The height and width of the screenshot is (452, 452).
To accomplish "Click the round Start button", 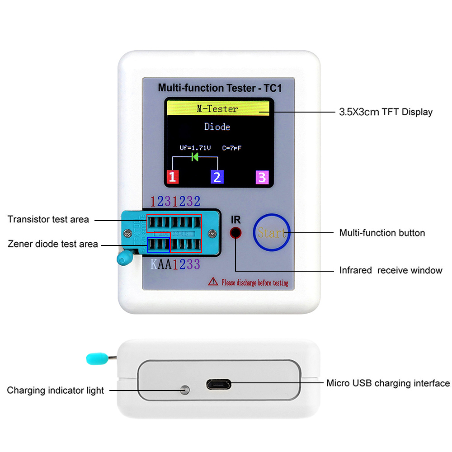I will point(271,233).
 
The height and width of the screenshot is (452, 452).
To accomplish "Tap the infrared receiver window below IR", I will point(235,233).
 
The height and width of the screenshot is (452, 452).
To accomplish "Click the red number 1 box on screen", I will point(173,177).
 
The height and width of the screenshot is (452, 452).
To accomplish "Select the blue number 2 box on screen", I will point(217,177).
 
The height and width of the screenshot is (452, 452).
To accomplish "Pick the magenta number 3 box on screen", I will point(262,177).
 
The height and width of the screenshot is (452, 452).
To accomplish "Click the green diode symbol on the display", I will point(195,157).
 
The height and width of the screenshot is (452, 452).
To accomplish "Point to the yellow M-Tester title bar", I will point(218,109).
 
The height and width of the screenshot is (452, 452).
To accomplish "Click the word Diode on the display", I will point(217,127).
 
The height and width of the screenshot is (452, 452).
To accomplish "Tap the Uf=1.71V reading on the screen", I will point(195,147).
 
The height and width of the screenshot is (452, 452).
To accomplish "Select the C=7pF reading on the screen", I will point(235,147).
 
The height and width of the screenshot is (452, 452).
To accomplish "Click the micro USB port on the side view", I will point(219,384).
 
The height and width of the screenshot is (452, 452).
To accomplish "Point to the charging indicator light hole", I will point(184,390).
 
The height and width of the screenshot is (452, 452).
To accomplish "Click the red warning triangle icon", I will point(213,282).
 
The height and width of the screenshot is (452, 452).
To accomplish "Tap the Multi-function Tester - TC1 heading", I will point(219,88).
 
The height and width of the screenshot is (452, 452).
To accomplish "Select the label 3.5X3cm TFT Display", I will point(386,112).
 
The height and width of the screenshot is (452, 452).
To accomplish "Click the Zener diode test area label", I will point(53,244).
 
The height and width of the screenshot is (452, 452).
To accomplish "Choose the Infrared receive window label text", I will point(391,270).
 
